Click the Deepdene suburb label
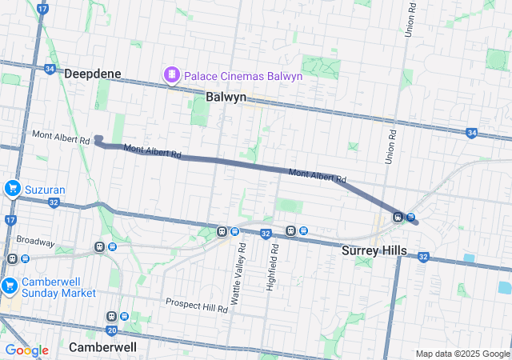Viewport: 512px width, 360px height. (x=93, y=74)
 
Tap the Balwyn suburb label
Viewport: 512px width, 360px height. (x=225, y=96)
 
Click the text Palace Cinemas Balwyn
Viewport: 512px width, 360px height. (x=242, y=76)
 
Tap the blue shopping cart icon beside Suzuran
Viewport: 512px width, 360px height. (x=12, y=189)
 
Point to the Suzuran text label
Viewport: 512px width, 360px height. (x=45, y=190)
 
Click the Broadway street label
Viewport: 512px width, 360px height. (x=35, y=241)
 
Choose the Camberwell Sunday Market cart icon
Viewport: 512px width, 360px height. (x=9, y=286)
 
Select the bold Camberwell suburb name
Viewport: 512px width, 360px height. (x=102, y=347)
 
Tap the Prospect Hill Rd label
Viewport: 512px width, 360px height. (x=196, y=304)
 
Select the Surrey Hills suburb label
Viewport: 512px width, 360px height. (x=374, y=250)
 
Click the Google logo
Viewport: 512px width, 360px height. (x=26, y=350)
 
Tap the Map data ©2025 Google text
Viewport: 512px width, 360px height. (x=462, y=354)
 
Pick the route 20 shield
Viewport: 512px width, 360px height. (x=111, y=330)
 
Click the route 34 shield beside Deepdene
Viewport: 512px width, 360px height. (x=50, y=70)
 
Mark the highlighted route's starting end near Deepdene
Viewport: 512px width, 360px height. (x=98, y=140)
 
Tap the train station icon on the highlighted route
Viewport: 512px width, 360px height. (x=398, y=217)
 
